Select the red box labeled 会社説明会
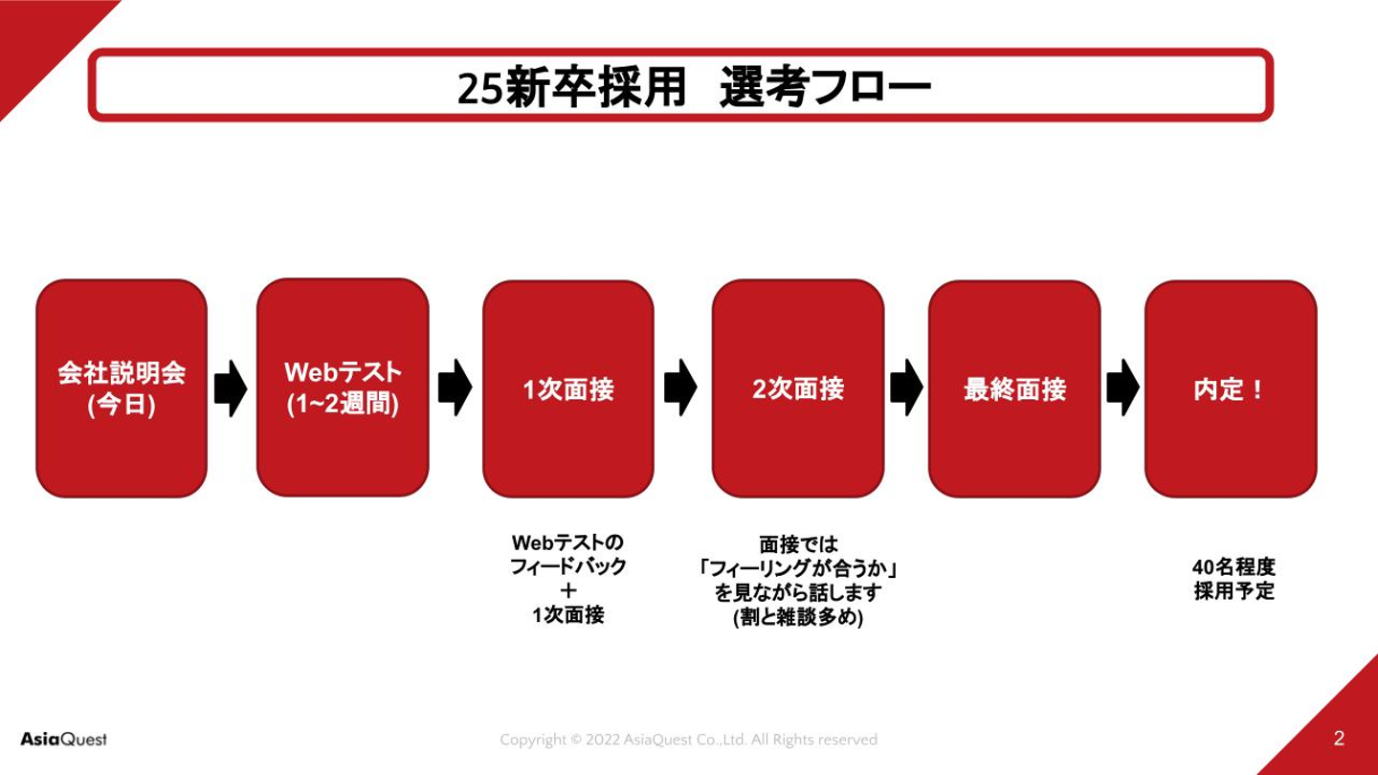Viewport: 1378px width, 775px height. pyautogui.click(x=122, y=387)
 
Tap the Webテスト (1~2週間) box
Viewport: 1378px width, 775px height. pyautogui.click(x=343, y=387)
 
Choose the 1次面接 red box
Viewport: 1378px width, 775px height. pyautogui.click(x=568, y=389)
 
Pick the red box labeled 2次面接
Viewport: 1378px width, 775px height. pyautogui.click(x=798, y=389)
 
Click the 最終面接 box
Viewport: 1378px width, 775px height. pyautogui.click(x=1014, y=389)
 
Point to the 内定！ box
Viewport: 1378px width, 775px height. pyautogui.click(x=1231, y=389)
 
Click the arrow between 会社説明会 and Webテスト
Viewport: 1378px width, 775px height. pyautogui.click(x=231, y=388)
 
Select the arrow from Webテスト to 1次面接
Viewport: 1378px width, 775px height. pyautogui.click(x=455, y=387)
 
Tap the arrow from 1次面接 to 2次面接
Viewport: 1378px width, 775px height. pyautogui.click(x=680, y=387)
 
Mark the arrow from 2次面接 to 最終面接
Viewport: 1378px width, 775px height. pyautogui.click(x=905, y=387)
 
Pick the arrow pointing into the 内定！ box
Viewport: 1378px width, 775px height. pyautogui.click(x=1122, y=387)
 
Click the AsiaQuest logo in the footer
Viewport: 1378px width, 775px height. pyautogui.click(x=63, y=740)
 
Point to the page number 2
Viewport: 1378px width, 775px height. pyautogui.click(x=1339, y=739)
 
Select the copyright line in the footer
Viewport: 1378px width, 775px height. pyautogui.click(x=688, y=740)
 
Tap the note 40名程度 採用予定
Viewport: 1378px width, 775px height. pyautogui.click(x=1234, y=579)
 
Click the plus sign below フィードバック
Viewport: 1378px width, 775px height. pyautogui.click(x=568, y=591)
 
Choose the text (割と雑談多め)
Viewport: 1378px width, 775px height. pyautogui.click(x=798, y=618)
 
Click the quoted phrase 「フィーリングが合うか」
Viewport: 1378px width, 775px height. pyautogui.click(x=798, y=569)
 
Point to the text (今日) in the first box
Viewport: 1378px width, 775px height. pyautogui.click(x=122, y=405)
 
